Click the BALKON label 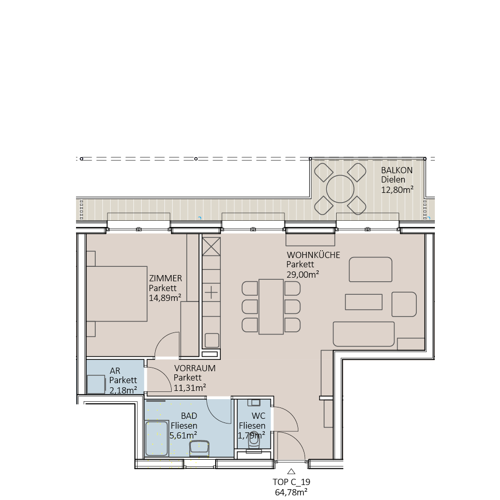(397, 170)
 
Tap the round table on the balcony (340, 189)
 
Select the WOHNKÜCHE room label (313, 255)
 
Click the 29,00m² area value (302, 275)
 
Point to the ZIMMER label (165, 279)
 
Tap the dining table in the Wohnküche (271, 306)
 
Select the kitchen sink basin (211, 340)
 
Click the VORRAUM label (194, 368)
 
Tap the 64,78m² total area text (291, 491)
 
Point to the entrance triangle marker (291, 471)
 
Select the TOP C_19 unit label (291, 481)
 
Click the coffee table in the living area (364, 301)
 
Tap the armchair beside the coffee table (404, 304)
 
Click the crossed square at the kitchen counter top (211, 247)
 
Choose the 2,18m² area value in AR (123, 390)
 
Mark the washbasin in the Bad (199, 447)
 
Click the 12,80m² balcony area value (397, 190)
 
